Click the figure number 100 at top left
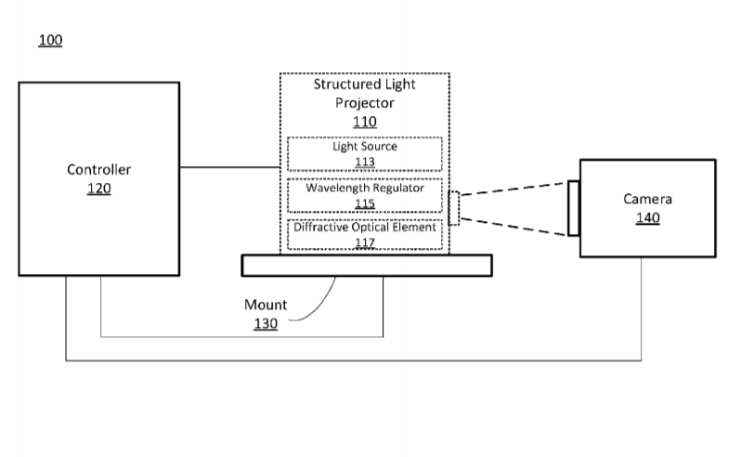pos(50,41)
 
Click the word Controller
pos(98,169)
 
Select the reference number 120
pos(98,189)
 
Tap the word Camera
pos(647,199)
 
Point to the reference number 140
pos(647,218)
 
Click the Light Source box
pos(364,153)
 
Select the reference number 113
pos(364,162)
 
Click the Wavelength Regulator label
pos(365,188)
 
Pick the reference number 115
pos(365,203)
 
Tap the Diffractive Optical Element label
pos(365,228)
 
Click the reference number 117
pos(365,242)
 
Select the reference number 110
pos(365,122)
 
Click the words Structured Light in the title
pos(365,85)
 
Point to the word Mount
pos(266,305)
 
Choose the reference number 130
pos(266,323)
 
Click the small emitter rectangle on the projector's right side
pos(454,207)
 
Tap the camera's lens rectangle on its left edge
pos(574,208)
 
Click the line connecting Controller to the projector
pos(229,168)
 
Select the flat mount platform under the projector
pos(366,266)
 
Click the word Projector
pos(365,103)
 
